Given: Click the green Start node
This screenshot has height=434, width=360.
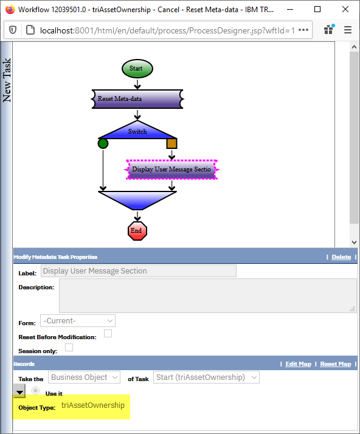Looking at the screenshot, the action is click(137, 69).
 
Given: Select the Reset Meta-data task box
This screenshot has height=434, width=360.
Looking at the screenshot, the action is click(137, 99).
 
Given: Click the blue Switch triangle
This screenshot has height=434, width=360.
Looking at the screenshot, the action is click(137, 130).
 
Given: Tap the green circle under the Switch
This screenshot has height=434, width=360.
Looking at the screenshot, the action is click(103, 143).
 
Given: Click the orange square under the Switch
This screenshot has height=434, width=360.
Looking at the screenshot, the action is click(171, 143).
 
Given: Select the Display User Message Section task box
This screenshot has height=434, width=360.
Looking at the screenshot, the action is click(171, 170).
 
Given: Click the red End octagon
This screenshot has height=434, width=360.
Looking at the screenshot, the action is click(137, 231).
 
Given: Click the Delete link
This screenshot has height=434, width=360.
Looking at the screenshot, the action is click(341, 257).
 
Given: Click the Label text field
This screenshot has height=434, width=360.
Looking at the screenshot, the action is click(139, 271).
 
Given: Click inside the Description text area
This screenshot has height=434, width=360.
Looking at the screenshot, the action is click(208, 295).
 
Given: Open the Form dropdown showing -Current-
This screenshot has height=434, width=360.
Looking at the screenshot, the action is click(78, 321).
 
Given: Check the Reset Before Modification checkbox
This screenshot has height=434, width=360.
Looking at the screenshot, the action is click(108, 334).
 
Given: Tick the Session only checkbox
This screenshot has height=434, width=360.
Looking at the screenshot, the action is click(69, 347).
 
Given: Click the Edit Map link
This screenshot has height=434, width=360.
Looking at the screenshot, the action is click(298, 364).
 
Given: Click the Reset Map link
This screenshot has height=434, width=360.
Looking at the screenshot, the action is click(336, 364).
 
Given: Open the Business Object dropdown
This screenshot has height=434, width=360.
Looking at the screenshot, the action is click(84, 377).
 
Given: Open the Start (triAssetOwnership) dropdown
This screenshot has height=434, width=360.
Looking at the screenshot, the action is click(206, 377).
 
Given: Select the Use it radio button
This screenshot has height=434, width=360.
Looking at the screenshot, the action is click(35, 391).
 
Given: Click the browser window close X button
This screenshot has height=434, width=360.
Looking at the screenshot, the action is click(345, 9).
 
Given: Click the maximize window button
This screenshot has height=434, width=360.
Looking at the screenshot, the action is click(317, 9).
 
